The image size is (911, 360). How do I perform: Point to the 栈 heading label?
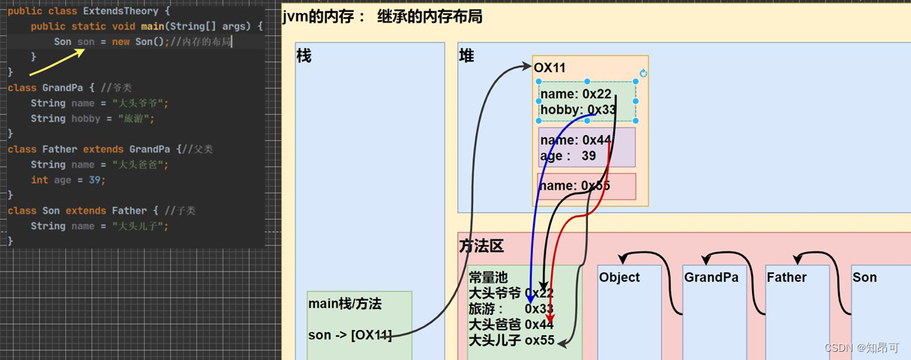pos(304,55)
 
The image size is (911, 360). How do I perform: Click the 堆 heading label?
pos(466,55)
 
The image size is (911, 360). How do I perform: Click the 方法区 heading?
pos(481,245)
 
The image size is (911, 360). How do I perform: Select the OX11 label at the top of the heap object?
pos(550,68)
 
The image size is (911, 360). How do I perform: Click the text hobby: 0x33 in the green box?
pos(577,110)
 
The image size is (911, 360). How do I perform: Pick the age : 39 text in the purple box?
pos(568,156)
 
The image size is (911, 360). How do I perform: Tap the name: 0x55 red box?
pos(586,186)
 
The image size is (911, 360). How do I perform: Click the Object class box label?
pos(619,277)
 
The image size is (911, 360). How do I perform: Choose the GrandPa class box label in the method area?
pos(711,277)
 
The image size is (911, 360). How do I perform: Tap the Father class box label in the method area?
pos(787,277)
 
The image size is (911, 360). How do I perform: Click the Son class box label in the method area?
pos(865,277)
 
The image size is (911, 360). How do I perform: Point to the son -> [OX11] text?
pos(350,335)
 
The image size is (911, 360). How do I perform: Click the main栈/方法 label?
pos(345,304)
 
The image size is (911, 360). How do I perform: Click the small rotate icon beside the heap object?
pos(643,73)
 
